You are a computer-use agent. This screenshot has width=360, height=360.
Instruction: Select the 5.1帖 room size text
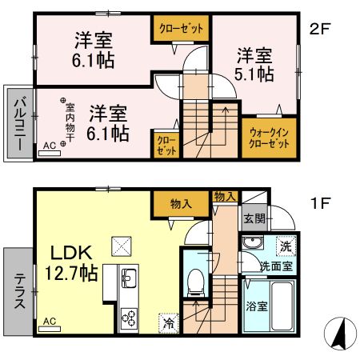coord(255,74)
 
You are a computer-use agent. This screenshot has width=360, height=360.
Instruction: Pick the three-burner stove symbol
coord(129,318)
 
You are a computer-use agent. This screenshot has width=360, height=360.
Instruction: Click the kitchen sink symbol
coord(129,279)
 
